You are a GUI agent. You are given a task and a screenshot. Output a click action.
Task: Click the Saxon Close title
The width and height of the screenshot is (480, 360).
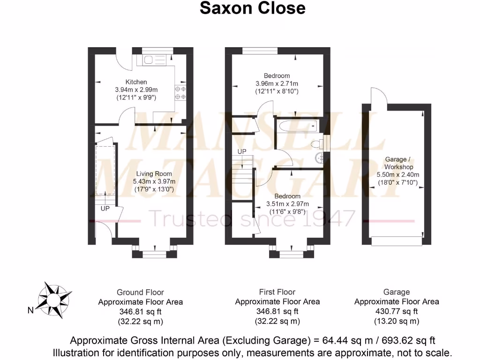[252, 8]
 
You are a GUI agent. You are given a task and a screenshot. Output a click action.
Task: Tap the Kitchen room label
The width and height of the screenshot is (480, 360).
[136, 82]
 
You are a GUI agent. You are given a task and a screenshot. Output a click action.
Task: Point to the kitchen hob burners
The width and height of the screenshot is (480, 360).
[180, 93]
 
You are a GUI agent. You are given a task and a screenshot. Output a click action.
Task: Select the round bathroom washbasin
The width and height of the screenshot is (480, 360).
[320, 157]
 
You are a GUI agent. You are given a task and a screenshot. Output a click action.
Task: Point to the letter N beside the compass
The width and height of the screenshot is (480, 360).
[30, 310]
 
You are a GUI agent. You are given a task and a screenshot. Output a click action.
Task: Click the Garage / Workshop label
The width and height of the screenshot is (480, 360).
[398, 163]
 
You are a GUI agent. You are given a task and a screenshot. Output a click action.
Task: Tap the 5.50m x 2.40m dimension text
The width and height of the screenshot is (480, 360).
[398, 175]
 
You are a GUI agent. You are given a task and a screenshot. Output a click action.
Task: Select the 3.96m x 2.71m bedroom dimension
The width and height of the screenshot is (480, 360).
[277, 84]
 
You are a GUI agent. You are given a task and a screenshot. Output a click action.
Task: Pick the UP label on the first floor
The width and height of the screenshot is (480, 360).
[242, 152]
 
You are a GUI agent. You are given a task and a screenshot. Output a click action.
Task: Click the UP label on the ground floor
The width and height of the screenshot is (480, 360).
[105, 208]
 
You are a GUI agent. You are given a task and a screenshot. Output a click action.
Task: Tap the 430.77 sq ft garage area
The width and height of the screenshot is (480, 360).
[397, 311]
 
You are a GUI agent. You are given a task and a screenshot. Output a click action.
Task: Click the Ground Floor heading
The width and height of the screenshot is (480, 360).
[140, 292]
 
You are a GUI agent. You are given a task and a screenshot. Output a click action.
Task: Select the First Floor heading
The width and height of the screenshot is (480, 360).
[277, 292]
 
